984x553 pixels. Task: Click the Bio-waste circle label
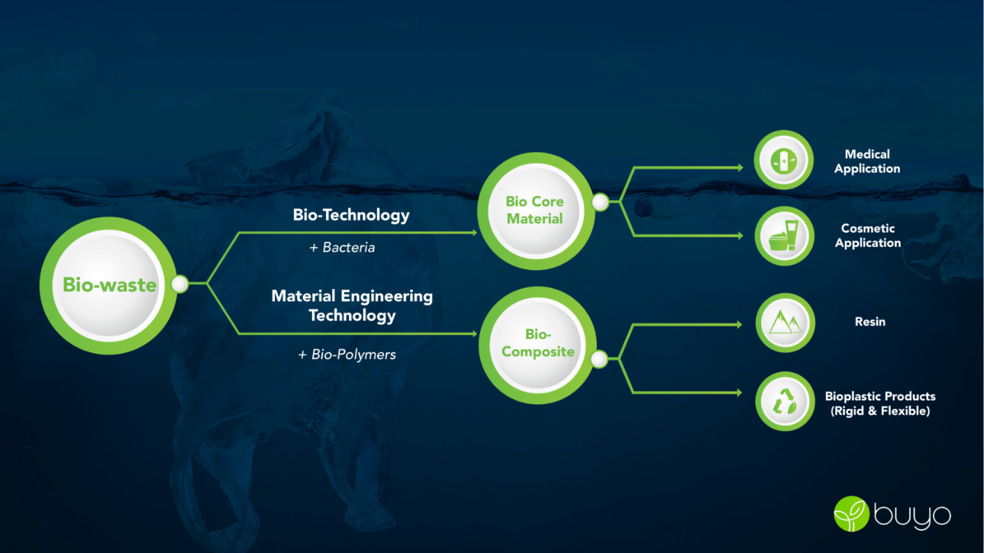point(109,285)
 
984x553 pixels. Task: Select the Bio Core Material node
point(536,211)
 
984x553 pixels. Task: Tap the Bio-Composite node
point(537,345)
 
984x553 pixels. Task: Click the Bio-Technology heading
point(351,215)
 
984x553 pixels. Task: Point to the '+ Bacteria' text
point(342,248)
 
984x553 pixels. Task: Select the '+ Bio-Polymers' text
point(347,355)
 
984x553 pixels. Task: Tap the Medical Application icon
point(784,159)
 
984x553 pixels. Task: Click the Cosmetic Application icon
point(784,236)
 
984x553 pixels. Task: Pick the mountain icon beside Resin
point(785,323)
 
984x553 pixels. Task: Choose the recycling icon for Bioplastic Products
point(785,401)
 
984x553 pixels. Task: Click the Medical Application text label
point(867,162)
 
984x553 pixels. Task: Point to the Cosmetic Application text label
point(868,236)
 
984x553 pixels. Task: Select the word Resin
point(869,322)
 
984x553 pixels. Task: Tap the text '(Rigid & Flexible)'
point(880,411)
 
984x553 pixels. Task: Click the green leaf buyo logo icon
point(851,514)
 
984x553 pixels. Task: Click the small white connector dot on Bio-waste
point(179,284)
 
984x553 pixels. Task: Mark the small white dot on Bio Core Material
point(600,202)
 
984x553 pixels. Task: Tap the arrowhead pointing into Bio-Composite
point(474,334)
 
